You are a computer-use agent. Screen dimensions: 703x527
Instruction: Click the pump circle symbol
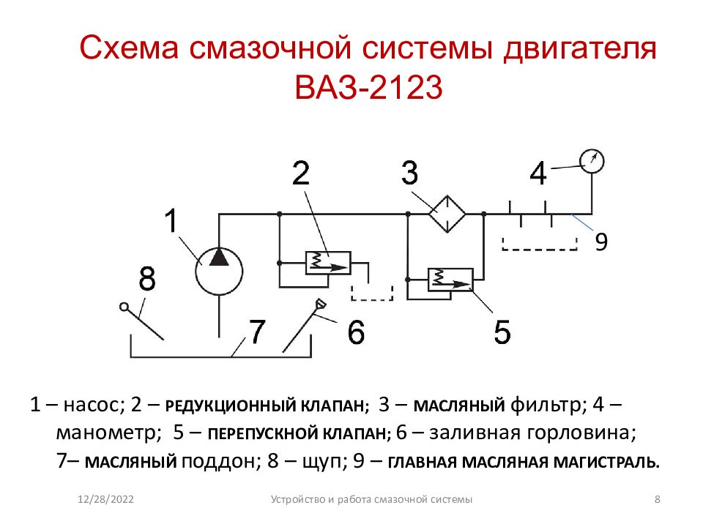tap(196, 271)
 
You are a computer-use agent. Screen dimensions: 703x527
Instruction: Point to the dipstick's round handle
tap(124, 307)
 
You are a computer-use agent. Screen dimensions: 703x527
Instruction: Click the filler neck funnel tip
tap(320, 304)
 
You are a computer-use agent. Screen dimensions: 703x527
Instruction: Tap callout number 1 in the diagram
tap(171, 220)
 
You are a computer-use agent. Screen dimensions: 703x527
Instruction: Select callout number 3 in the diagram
tap(409, 173)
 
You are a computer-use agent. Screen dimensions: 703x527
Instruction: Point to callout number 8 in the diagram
tap(147, 278)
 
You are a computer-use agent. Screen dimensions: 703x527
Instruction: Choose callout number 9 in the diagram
tap(601, 242)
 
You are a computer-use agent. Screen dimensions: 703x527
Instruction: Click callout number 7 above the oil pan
tap(257, 331)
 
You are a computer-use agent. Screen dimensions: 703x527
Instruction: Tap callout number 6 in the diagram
tap(356, 332)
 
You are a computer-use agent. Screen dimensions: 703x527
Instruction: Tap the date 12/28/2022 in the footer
tap(105, 499)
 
